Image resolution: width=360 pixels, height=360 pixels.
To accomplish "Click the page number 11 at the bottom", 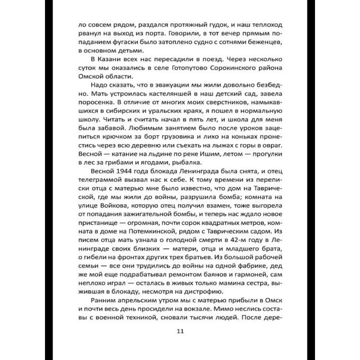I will pos(180,332).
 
